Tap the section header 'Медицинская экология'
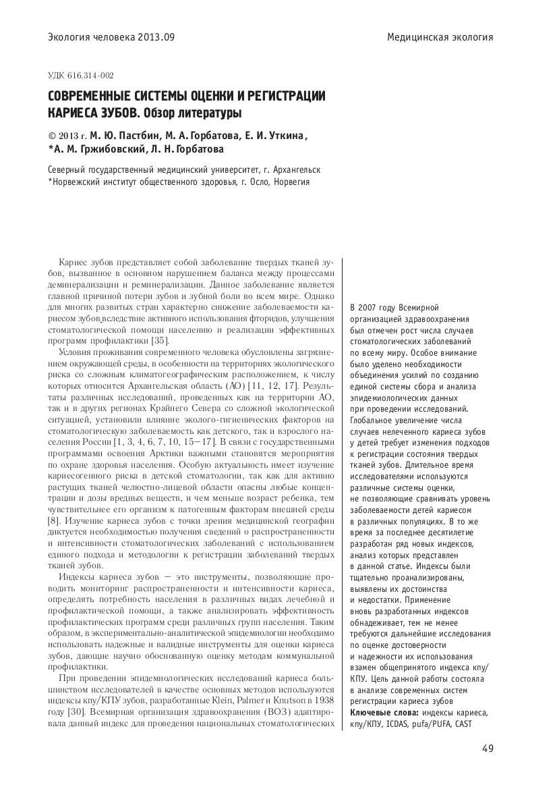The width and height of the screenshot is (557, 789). click(x=440, y=37)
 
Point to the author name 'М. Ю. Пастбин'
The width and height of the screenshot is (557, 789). click(x=125, y=134)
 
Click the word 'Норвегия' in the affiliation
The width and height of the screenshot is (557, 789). click(x=292, y=182)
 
